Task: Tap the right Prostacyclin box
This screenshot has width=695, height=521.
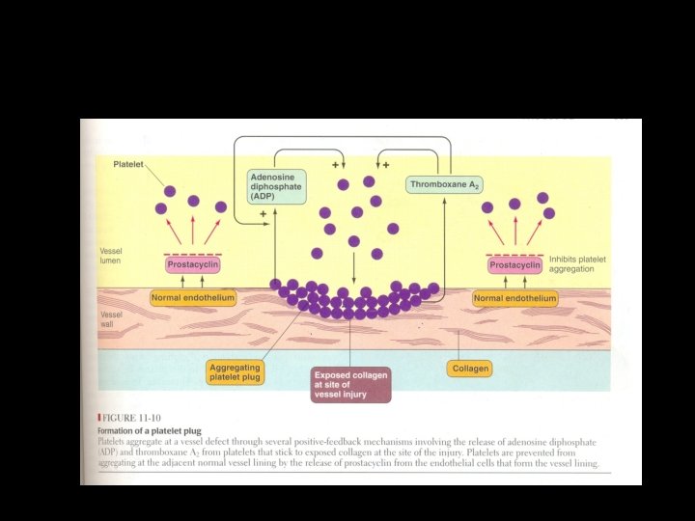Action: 514,264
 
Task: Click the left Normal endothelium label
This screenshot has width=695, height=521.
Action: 193,298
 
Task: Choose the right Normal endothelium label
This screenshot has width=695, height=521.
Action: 515,299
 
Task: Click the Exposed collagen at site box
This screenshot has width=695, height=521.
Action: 351,383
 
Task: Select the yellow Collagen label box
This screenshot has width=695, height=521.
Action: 470,368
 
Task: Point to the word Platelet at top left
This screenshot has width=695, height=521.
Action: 128,165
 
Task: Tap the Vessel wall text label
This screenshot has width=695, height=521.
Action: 111,318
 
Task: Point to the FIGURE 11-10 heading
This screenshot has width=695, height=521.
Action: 135,419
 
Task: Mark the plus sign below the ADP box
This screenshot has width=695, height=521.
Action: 263,214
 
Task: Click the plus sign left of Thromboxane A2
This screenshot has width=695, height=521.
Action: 386,165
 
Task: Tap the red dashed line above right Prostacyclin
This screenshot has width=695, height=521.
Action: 514,253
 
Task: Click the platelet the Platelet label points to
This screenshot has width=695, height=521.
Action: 170,191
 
